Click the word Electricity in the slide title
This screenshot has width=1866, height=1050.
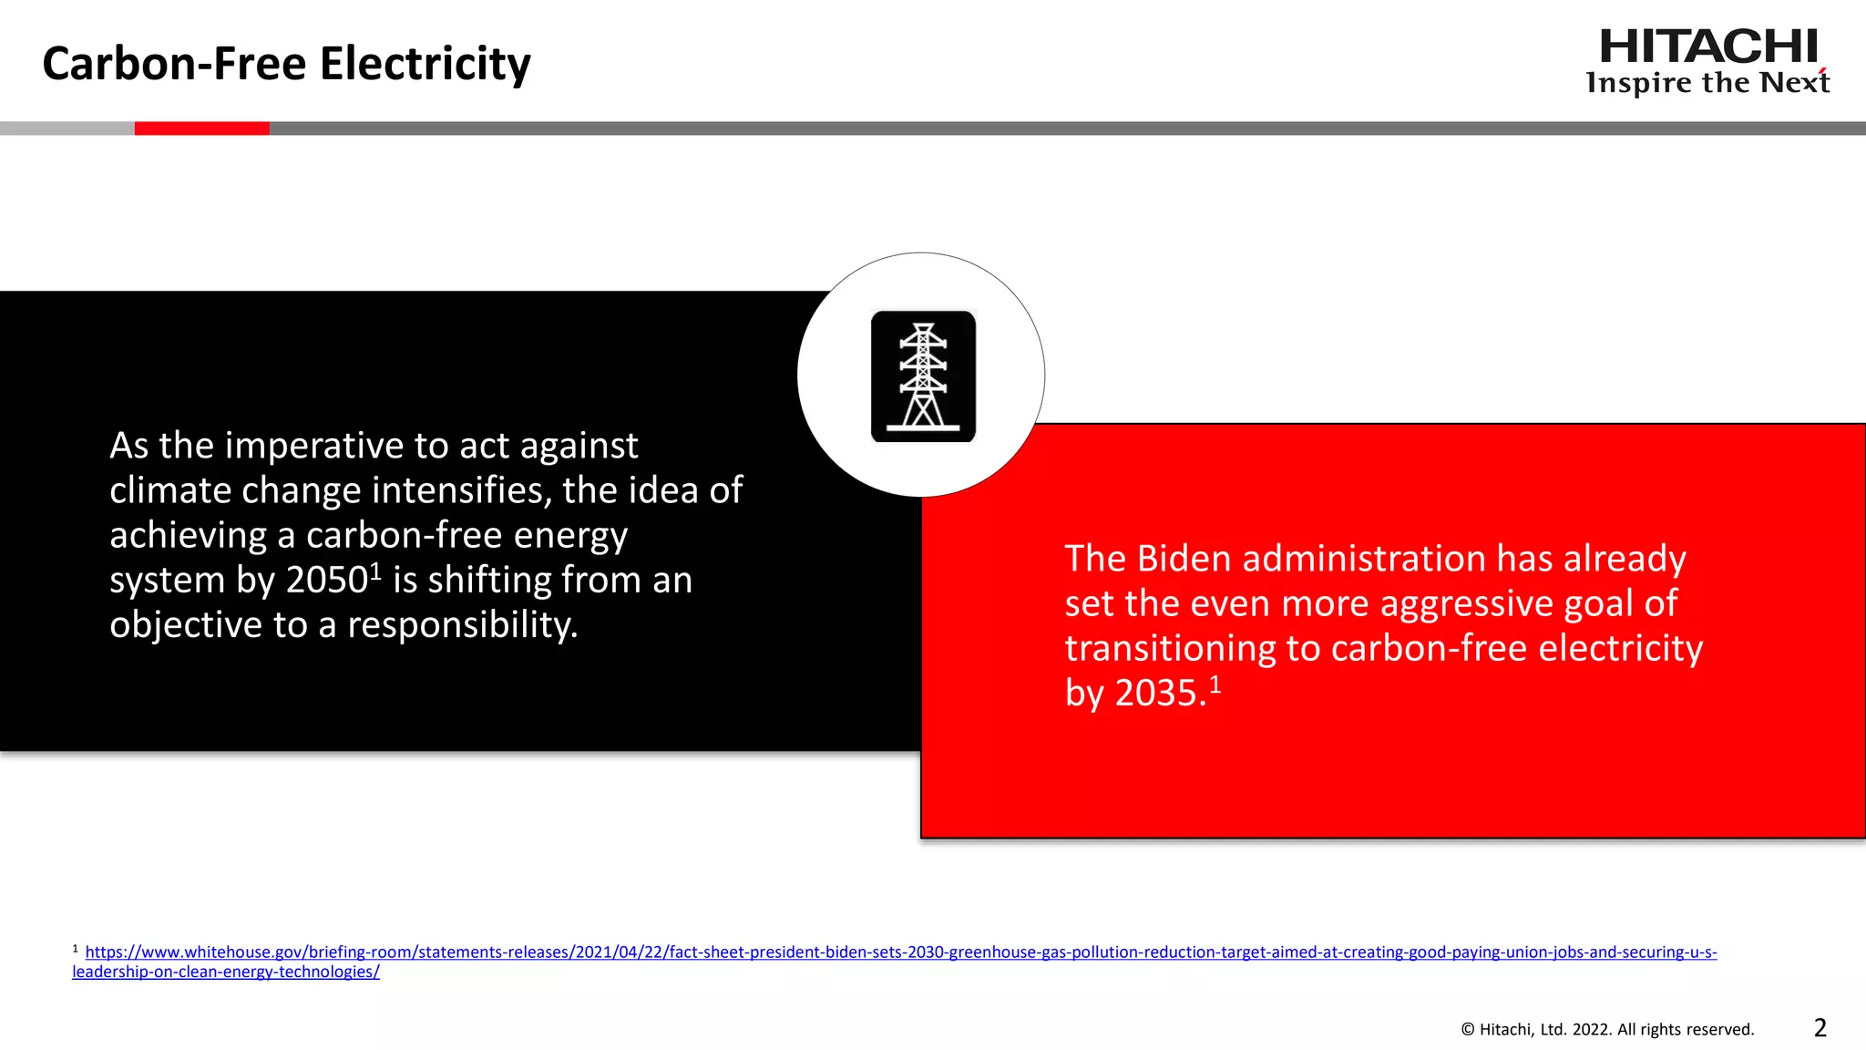[425, 64]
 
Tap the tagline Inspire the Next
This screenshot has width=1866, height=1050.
[1707, 83]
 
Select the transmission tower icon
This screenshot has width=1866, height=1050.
[923, 376]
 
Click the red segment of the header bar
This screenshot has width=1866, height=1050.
[201, 129]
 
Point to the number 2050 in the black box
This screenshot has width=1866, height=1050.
[326, 581]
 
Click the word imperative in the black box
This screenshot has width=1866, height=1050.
[314, 447]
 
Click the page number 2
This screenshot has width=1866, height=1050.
[1820, 1028]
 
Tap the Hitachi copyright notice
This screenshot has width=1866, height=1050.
[1607, 1030]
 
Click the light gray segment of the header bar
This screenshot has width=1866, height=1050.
[67, 129]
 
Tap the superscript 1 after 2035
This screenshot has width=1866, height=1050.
[1215, 685]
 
